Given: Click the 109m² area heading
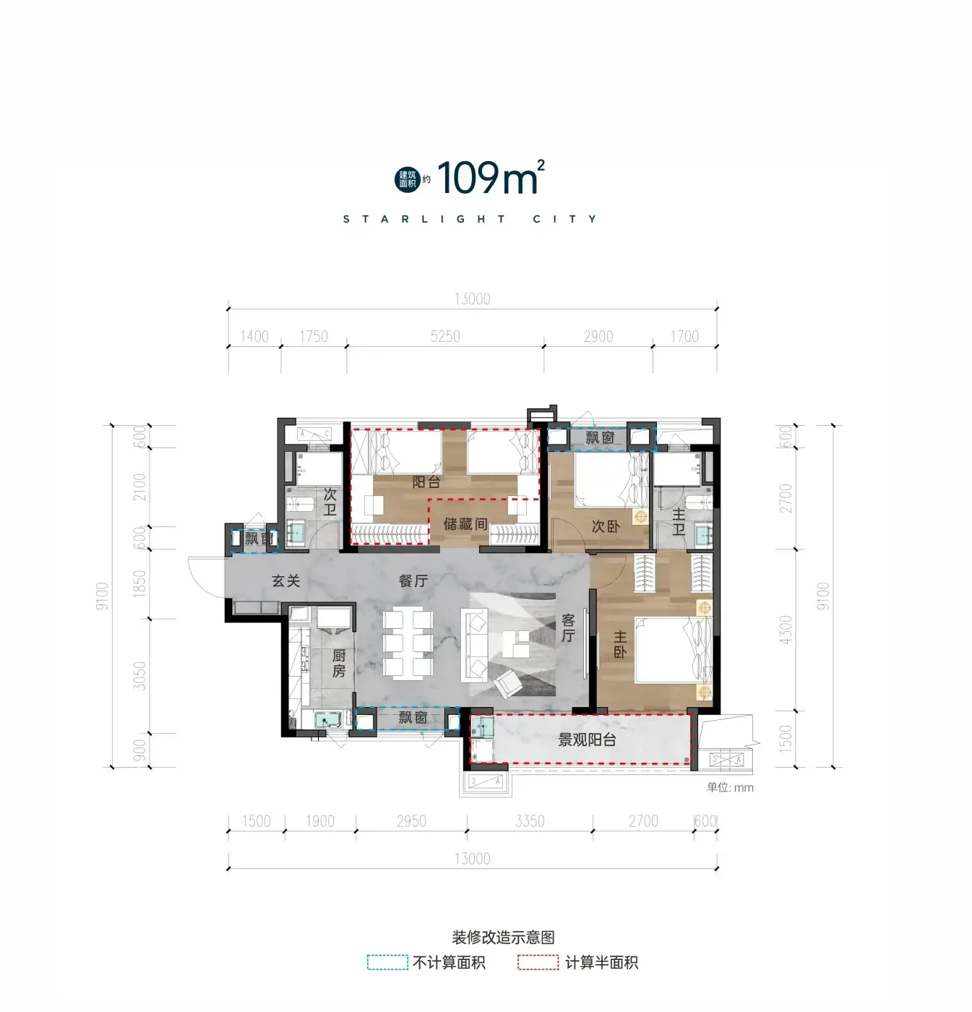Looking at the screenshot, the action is pyautogui.click(x=491, y=178).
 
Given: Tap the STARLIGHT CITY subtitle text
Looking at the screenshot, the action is pyautogui.click(x=470, y=219).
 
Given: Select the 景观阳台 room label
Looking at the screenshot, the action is pyautogui.click(x=587, y=739).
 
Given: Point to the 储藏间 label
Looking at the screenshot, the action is pyautogui.click(x=465, y=523).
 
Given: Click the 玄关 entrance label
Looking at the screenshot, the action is pyautogui.click(x=286, y=580).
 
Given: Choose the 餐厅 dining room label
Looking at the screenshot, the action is pyautogui.click(x=413, y=580).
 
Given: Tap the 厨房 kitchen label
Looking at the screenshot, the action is pyautogui.click(x=339, y=663).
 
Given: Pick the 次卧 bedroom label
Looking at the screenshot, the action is pyautogui.click(x=606, y=526).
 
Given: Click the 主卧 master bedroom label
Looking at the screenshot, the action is pyautogui.click(x=619, y=644).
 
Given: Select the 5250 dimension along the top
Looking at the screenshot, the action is pyautogui.click(x=445, y=336).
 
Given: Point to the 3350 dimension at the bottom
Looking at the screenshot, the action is pyautogui.click(x=530, y=821).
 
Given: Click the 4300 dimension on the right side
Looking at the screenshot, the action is pyautogui.click(x=786, y=630).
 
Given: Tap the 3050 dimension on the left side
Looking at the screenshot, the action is pyautogui.click(x=139, y=676).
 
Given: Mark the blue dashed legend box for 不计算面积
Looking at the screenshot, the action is pyautogui.click(x=387, y=962).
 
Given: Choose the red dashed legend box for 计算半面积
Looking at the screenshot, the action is pyautogui.click(x=538, y=962).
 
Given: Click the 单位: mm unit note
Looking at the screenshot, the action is pyautogui.click(x=730, y=787).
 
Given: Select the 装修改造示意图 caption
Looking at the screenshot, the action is pyautogui.click(x=503, y=937).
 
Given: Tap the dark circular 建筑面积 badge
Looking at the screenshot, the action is pyautogui.click(x=408, y=179).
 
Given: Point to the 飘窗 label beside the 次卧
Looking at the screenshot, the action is pyautogui.click(x=600, y=437).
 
